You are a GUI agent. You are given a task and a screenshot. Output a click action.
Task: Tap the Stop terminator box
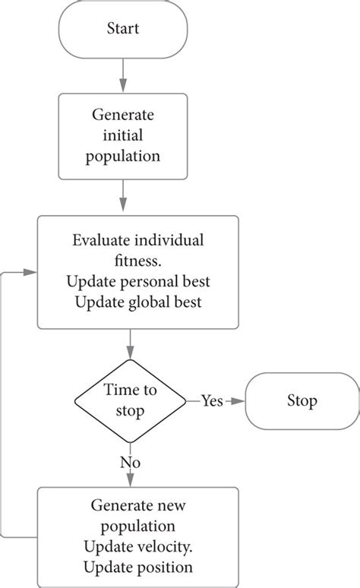302,400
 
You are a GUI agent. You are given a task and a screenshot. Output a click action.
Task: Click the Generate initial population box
123,136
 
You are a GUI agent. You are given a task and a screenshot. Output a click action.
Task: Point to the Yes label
212,401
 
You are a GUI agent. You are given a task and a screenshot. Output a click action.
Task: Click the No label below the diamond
131,462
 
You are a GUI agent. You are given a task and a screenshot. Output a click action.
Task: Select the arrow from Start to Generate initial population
123,75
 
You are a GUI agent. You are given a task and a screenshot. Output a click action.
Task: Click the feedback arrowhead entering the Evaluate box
32,271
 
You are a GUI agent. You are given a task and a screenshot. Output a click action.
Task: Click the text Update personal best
137,282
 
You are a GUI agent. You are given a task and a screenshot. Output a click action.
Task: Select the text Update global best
137,302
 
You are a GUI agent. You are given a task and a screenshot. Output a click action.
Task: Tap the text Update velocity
137,545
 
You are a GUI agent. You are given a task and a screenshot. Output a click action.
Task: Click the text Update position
137,566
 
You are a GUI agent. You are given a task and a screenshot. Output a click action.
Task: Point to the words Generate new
137,504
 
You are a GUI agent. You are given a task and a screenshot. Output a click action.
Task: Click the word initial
123,136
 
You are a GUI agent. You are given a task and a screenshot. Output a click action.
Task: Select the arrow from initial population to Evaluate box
123,197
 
